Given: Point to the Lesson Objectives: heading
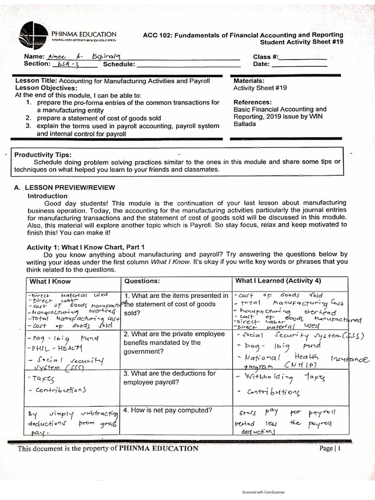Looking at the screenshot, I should pos(46,88).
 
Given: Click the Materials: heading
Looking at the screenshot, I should pos(249,81).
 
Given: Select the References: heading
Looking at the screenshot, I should pos(252,102).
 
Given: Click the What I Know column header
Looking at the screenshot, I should pos(50,281).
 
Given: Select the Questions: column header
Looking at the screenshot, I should pos(142,281).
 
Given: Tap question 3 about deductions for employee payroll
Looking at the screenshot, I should pos(169,378).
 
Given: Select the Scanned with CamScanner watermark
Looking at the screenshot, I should pos(263,492).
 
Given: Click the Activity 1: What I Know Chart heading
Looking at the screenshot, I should pos(85,247).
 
